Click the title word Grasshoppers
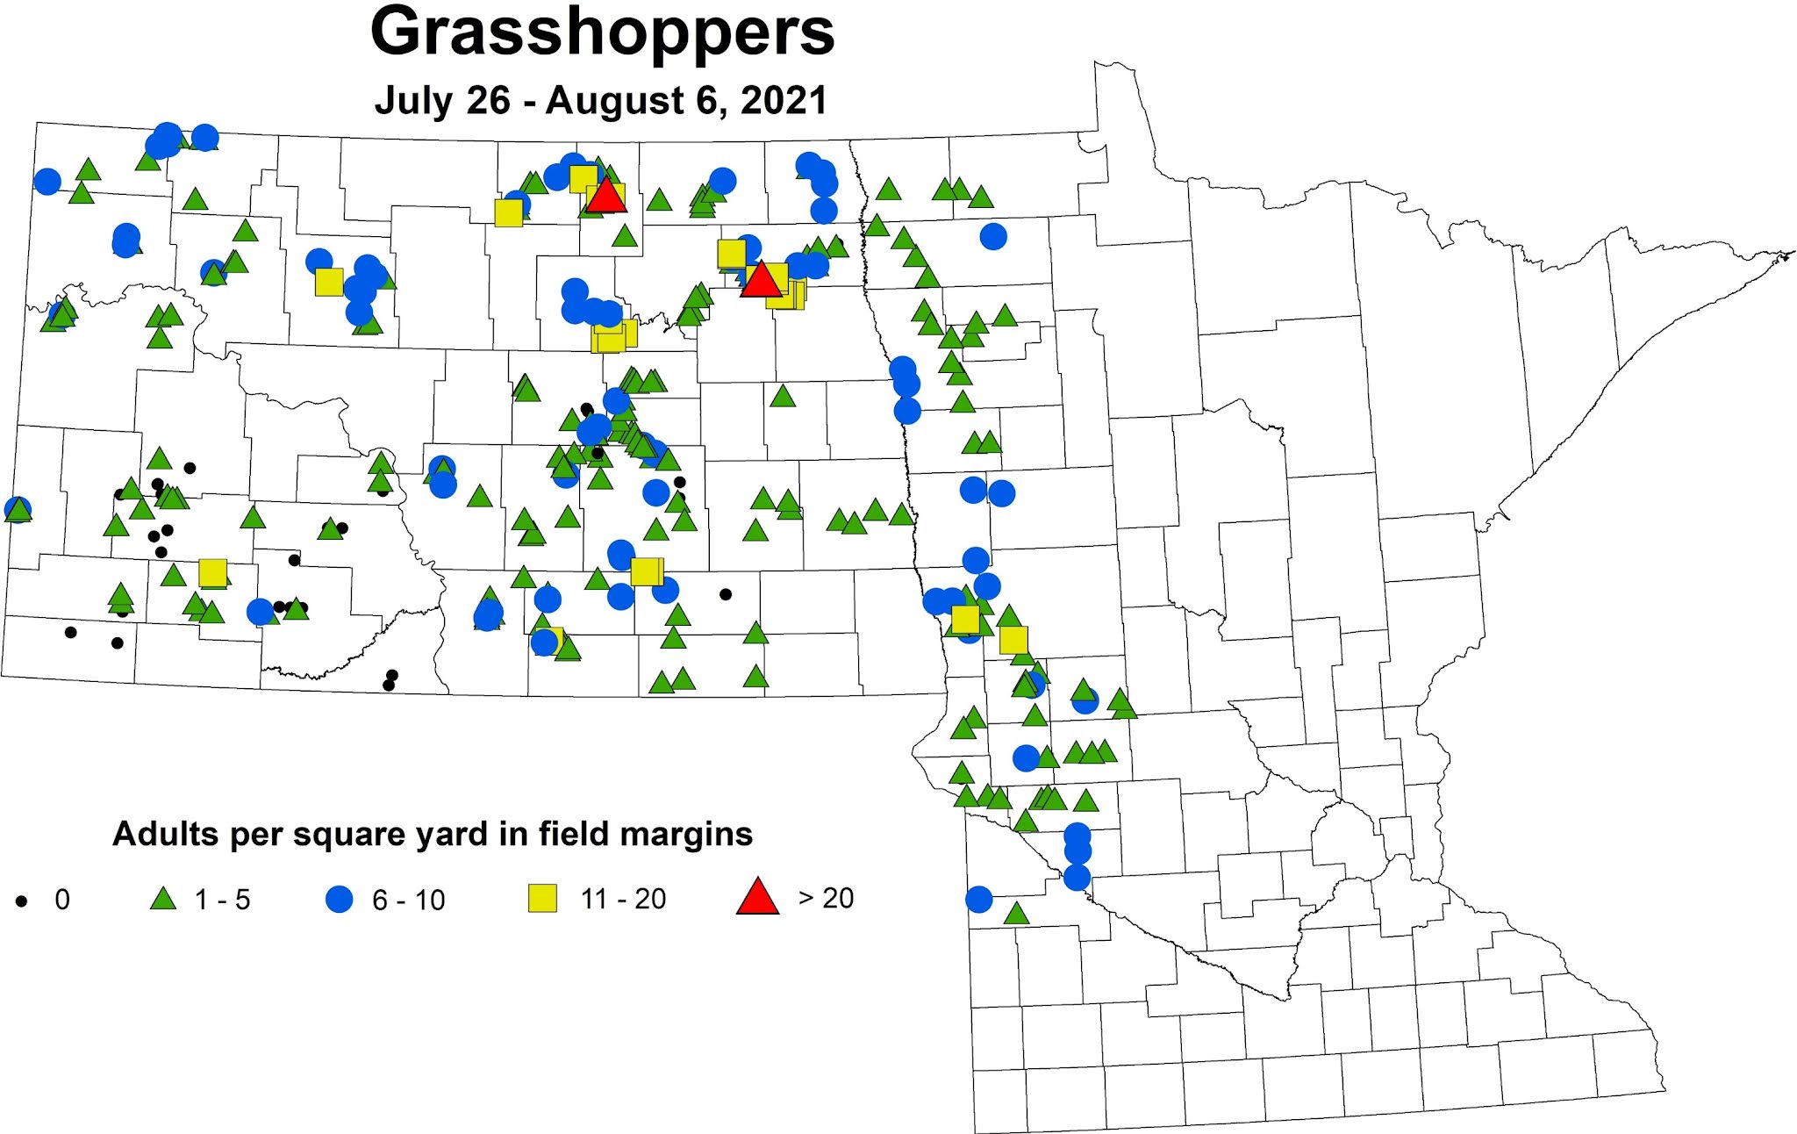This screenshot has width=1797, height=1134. tap(602, 33)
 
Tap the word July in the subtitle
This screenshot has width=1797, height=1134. tap(409, 100)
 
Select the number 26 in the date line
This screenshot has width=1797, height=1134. tap(489, 100)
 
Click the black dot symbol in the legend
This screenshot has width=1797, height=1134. tap(22, 901)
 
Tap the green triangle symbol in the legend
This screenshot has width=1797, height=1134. tap(162, 899)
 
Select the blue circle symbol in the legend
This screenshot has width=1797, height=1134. tap(339, 900)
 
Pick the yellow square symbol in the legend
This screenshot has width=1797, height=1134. tap(542, 899)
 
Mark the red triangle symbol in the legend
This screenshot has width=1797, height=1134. tap(758, 897)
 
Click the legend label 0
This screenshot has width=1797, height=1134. tap(62, 900)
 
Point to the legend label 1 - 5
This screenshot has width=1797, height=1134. tap(222, 900)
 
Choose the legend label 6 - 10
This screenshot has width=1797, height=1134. tap(408, 900)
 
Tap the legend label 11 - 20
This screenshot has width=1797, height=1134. tap(623, 899)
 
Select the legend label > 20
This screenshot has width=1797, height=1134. tap(826, 898)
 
